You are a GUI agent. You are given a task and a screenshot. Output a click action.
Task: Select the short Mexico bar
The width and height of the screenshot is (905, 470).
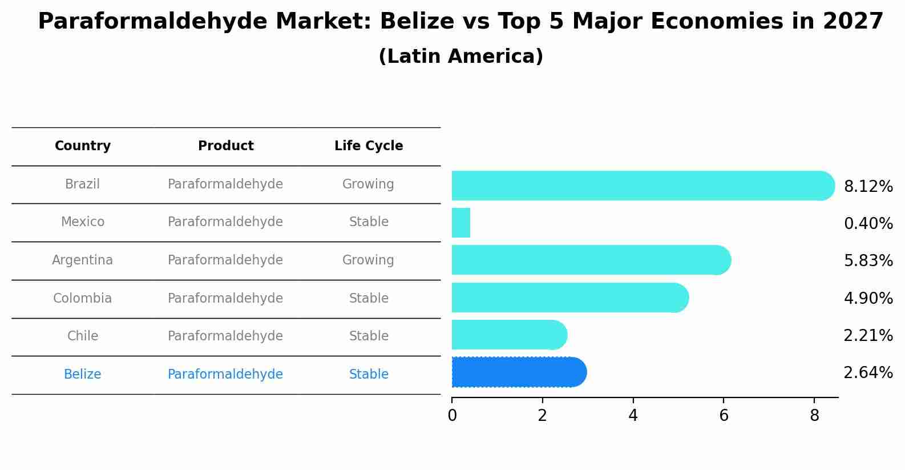coord(461,223)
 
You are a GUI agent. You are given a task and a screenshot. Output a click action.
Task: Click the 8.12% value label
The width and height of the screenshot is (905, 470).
coord(868,187)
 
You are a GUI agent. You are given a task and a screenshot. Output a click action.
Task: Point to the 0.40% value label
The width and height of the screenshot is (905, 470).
coord(868,224)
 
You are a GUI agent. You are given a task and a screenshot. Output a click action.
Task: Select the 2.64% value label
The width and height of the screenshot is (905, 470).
coord(868,373)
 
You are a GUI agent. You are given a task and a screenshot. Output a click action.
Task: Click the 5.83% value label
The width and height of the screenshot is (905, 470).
coord(868,261)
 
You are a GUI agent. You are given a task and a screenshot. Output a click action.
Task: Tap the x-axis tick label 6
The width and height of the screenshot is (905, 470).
coord(724,416)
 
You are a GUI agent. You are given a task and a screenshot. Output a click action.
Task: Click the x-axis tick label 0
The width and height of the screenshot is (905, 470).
coord(452,416)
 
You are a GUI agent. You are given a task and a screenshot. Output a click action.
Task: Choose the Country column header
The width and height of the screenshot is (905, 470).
coord(83,146)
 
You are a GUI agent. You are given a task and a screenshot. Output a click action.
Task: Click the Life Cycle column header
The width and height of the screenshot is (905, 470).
coord(369,146)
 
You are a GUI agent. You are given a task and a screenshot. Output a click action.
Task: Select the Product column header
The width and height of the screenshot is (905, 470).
coord(226,146)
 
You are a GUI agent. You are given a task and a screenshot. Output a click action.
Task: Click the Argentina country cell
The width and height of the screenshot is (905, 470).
coord(83,260)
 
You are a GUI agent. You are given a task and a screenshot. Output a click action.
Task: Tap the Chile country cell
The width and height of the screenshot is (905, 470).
coord(83,336)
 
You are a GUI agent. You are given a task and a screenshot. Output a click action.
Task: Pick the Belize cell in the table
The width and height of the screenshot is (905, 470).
coord(83,375)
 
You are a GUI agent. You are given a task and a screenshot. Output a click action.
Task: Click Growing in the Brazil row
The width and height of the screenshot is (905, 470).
coord(368,184)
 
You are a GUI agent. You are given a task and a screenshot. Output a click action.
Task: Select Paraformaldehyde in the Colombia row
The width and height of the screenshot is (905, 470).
coord(225,299)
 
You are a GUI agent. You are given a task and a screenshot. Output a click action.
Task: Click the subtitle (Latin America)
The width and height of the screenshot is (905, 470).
coord(460,57)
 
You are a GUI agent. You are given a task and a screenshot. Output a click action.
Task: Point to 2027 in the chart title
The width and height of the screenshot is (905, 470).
coord(853,22)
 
